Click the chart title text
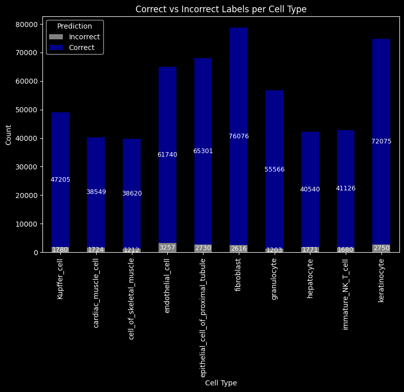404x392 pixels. (x=221, y=9)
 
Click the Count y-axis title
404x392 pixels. (x=8, y=138)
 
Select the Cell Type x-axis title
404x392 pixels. (x=221, y=383)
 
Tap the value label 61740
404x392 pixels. (x=167, y=155)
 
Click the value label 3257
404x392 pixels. (x=167, y=248)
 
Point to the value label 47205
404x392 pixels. (x=60, y=180)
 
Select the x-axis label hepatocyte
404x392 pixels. (x=310, y=279)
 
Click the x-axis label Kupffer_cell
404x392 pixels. (x=60, y=279)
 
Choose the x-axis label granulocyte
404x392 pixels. (x=274, y=279)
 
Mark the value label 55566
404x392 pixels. (x=275, y=169)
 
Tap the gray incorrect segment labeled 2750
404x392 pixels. (x=381, y=248)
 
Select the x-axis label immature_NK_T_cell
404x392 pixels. (x=346, y=294)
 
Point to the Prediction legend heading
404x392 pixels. (x=75, y=26)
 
